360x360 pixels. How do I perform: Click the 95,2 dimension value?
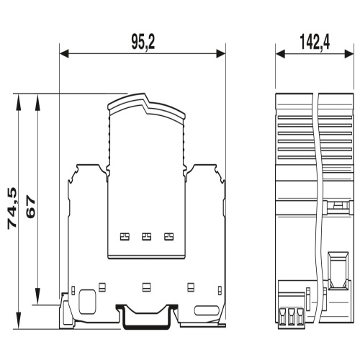(143, 42)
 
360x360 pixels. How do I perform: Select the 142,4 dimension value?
(315, 42)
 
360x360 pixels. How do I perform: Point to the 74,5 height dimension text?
(12, 208)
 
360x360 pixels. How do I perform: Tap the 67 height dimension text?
(31, 206)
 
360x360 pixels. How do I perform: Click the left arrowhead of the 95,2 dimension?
(64, 54)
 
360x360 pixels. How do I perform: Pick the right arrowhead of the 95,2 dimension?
(221, 54)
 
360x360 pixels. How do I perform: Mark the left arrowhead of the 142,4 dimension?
(280, 54)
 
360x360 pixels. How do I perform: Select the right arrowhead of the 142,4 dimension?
(349, 54)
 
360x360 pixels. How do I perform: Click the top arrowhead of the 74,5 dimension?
(18, 102)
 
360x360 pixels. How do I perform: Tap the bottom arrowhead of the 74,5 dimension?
(18, 320)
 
